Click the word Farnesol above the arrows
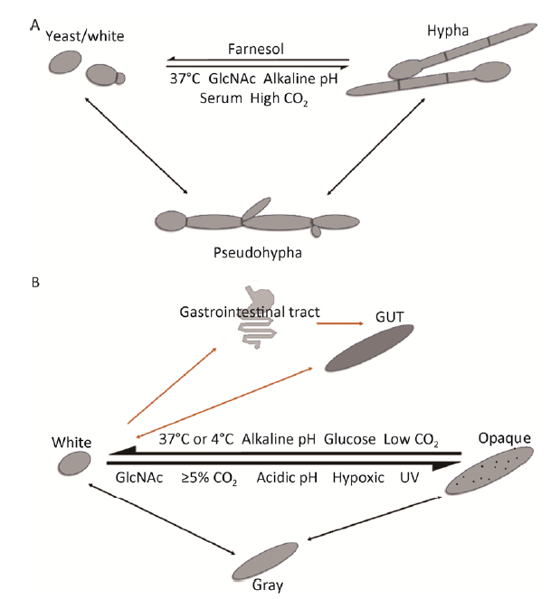[259, 48]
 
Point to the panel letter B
[35, 282]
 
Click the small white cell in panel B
[74, 464]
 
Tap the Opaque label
[496, 437]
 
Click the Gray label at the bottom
[267, 585]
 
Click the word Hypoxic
[360, 476]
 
